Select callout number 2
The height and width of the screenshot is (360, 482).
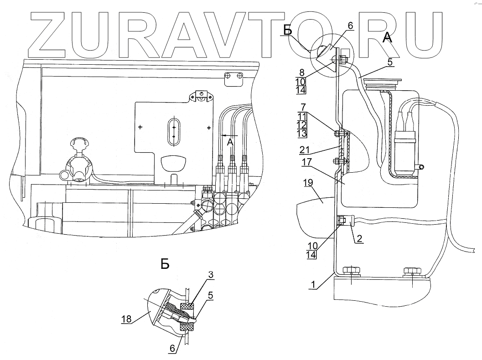click(x=360, y=239)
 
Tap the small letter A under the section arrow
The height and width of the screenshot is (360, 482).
click(x=230, y=143)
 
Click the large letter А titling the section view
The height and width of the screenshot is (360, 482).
click(x=387, y=38)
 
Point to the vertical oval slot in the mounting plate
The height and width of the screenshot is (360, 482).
click(x=173, y=132)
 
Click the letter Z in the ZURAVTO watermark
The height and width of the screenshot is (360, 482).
click(x=50, y=32)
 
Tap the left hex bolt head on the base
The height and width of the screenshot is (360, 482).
click(x=349, y=271)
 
